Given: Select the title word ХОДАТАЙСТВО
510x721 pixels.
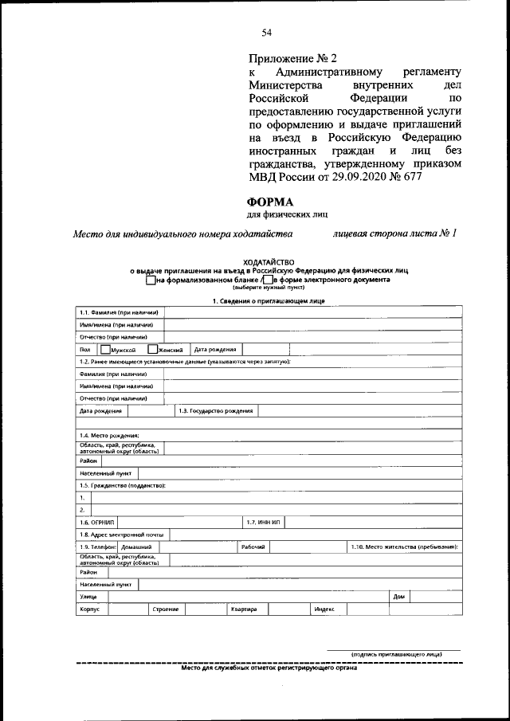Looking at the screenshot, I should click(x=268, y=262).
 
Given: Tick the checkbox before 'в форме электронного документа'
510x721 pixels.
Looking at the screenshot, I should click(x=268, y=280).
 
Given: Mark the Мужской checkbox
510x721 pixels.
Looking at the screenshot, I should click(x=105, y=349).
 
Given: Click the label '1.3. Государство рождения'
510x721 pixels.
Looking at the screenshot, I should click(x=215, y=411).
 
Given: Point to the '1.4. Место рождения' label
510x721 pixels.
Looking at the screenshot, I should click(x=109, y=435).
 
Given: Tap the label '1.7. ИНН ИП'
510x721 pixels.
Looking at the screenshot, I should click(x=263, y=522).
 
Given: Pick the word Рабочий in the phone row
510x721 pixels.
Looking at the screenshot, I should click(x=253, y=547).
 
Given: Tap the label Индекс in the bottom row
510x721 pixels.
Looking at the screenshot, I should click(x=324, y=609).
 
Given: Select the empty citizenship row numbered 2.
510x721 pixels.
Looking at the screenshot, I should click(x=276, y=509).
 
